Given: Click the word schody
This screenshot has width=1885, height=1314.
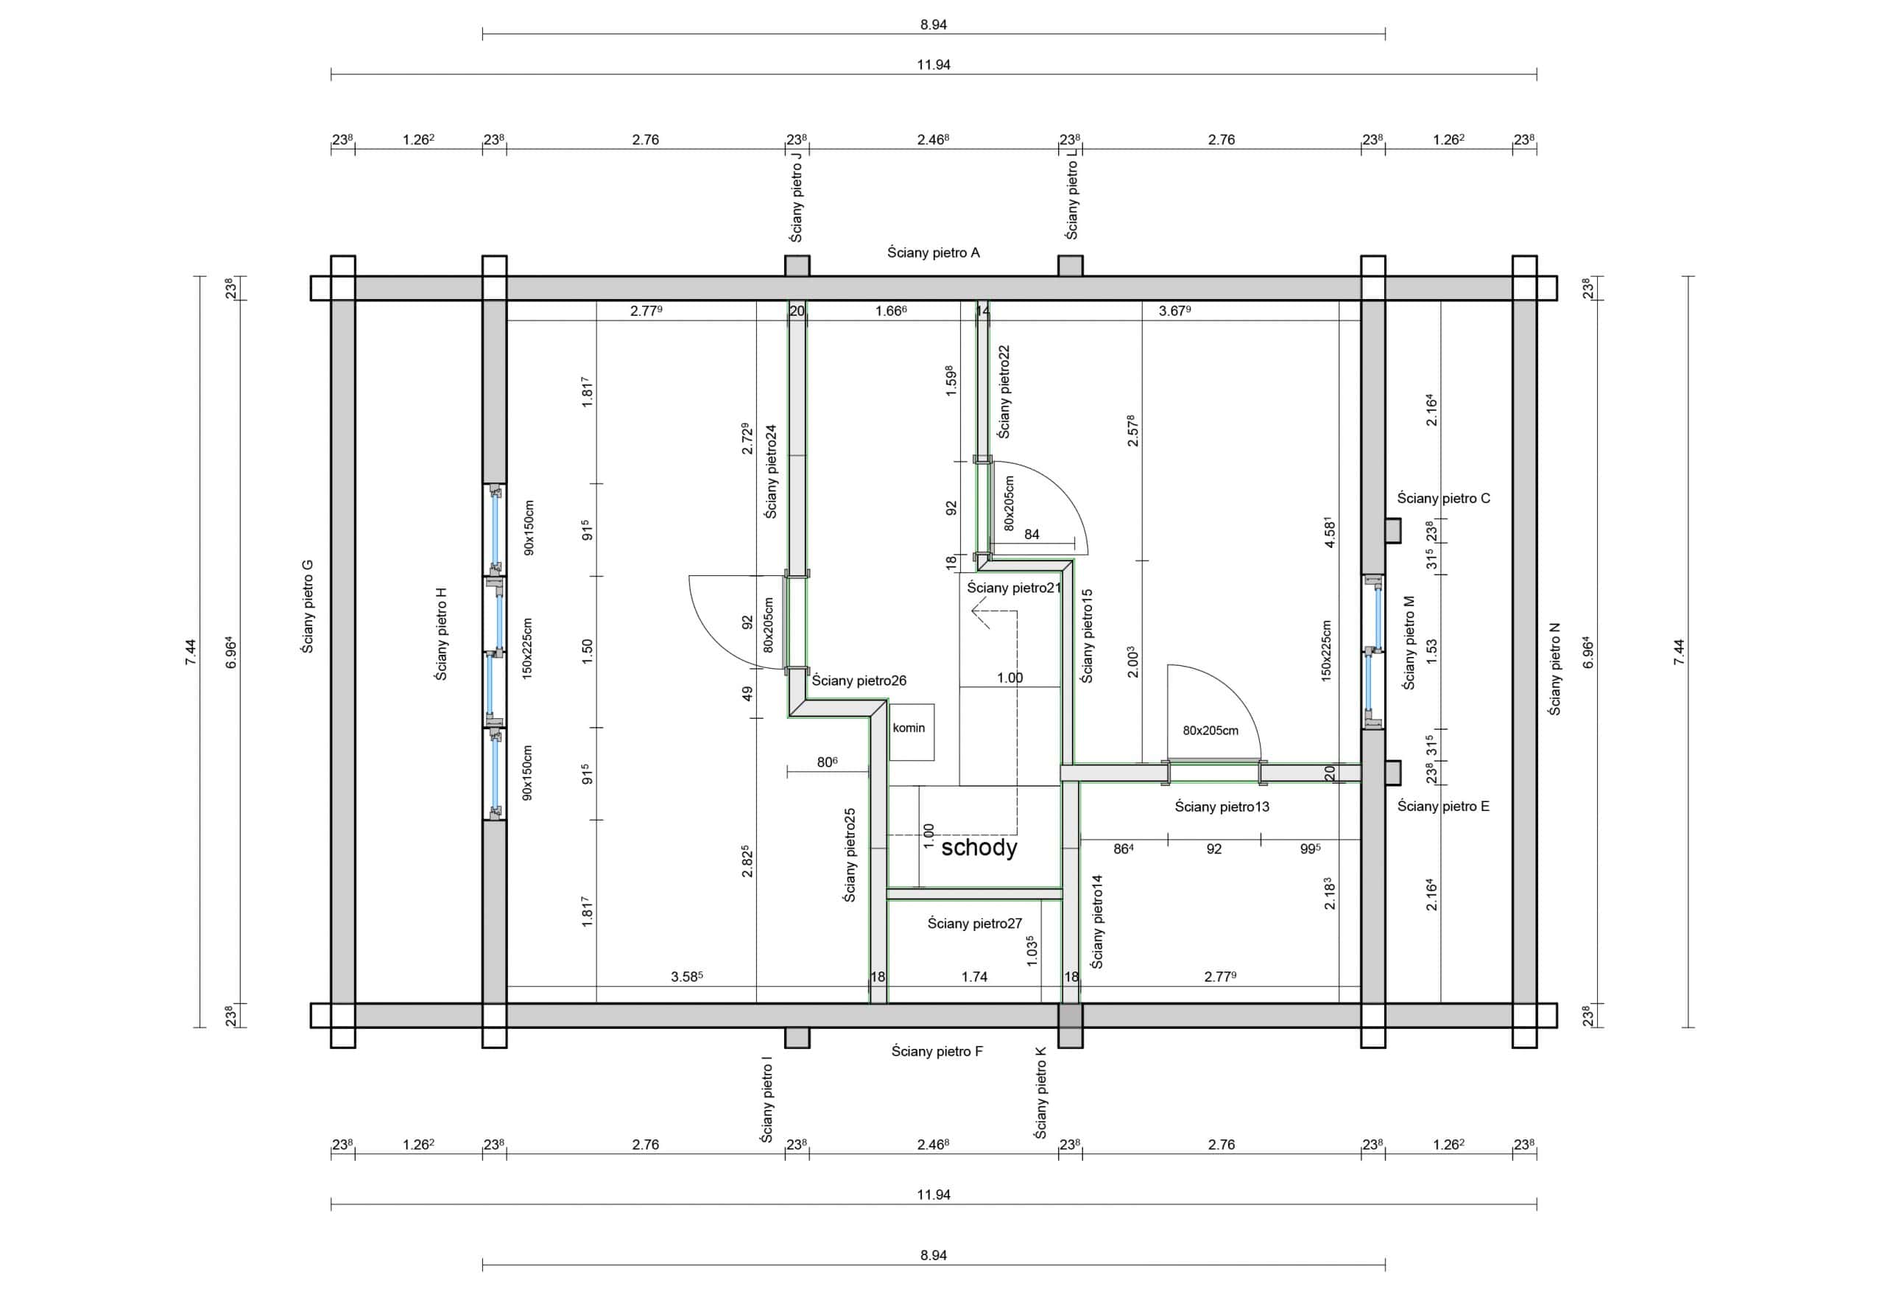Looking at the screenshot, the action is pyautogui.click(x=979, y=848).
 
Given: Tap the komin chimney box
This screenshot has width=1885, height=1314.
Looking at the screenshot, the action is pyautogui.click(x=912, y=731).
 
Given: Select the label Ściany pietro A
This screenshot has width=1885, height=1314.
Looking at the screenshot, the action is pyautogui.click(x=934, y=253).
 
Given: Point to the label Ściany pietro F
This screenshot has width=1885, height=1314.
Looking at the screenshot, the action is pyautogui.click(x=937, y=1051).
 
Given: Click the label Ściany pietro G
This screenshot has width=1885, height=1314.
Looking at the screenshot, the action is pyautogui.click(x=308, y=606).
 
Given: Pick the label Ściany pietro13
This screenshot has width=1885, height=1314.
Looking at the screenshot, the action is pyautogui.click(x=1222, y=807).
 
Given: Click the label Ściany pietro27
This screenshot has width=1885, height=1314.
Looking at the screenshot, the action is pyautogui.click(x=974, y=924).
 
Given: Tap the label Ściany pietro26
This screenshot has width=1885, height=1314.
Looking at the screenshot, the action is pyautogui.click(x=859, y=681).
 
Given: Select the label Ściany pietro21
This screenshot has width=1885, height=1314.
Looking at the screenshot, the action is pyautogui.click(x=1014, y=588).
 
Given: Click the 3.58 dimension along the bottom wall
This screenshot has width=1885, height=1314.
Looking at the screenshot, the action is pyautogui.click(x=686, y=977).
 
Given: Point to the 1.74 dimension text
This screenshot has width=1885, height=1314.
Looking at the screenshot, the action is pyautogui.click(x=974, y=977).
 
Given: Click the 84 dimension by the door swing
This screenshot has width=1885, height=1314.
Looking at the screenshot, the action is pyautogui.click(x=1032, y=535).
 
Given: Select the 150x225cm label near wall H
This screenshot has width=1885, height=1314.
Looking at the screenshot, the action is pyautogui.click(x=528, y=648).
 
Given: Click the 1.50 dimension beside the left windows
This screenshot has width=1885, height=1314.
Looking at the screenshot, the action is pyautogui.click(x=587, y=651).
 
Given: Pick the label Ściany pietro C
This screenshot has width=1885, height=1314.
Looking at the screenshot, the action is pyautogui.click(x=1443, y=499).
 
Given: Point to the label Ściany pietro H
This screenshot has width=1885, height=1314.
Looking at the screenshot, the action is pyautogui.click(x=442, y=634).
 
